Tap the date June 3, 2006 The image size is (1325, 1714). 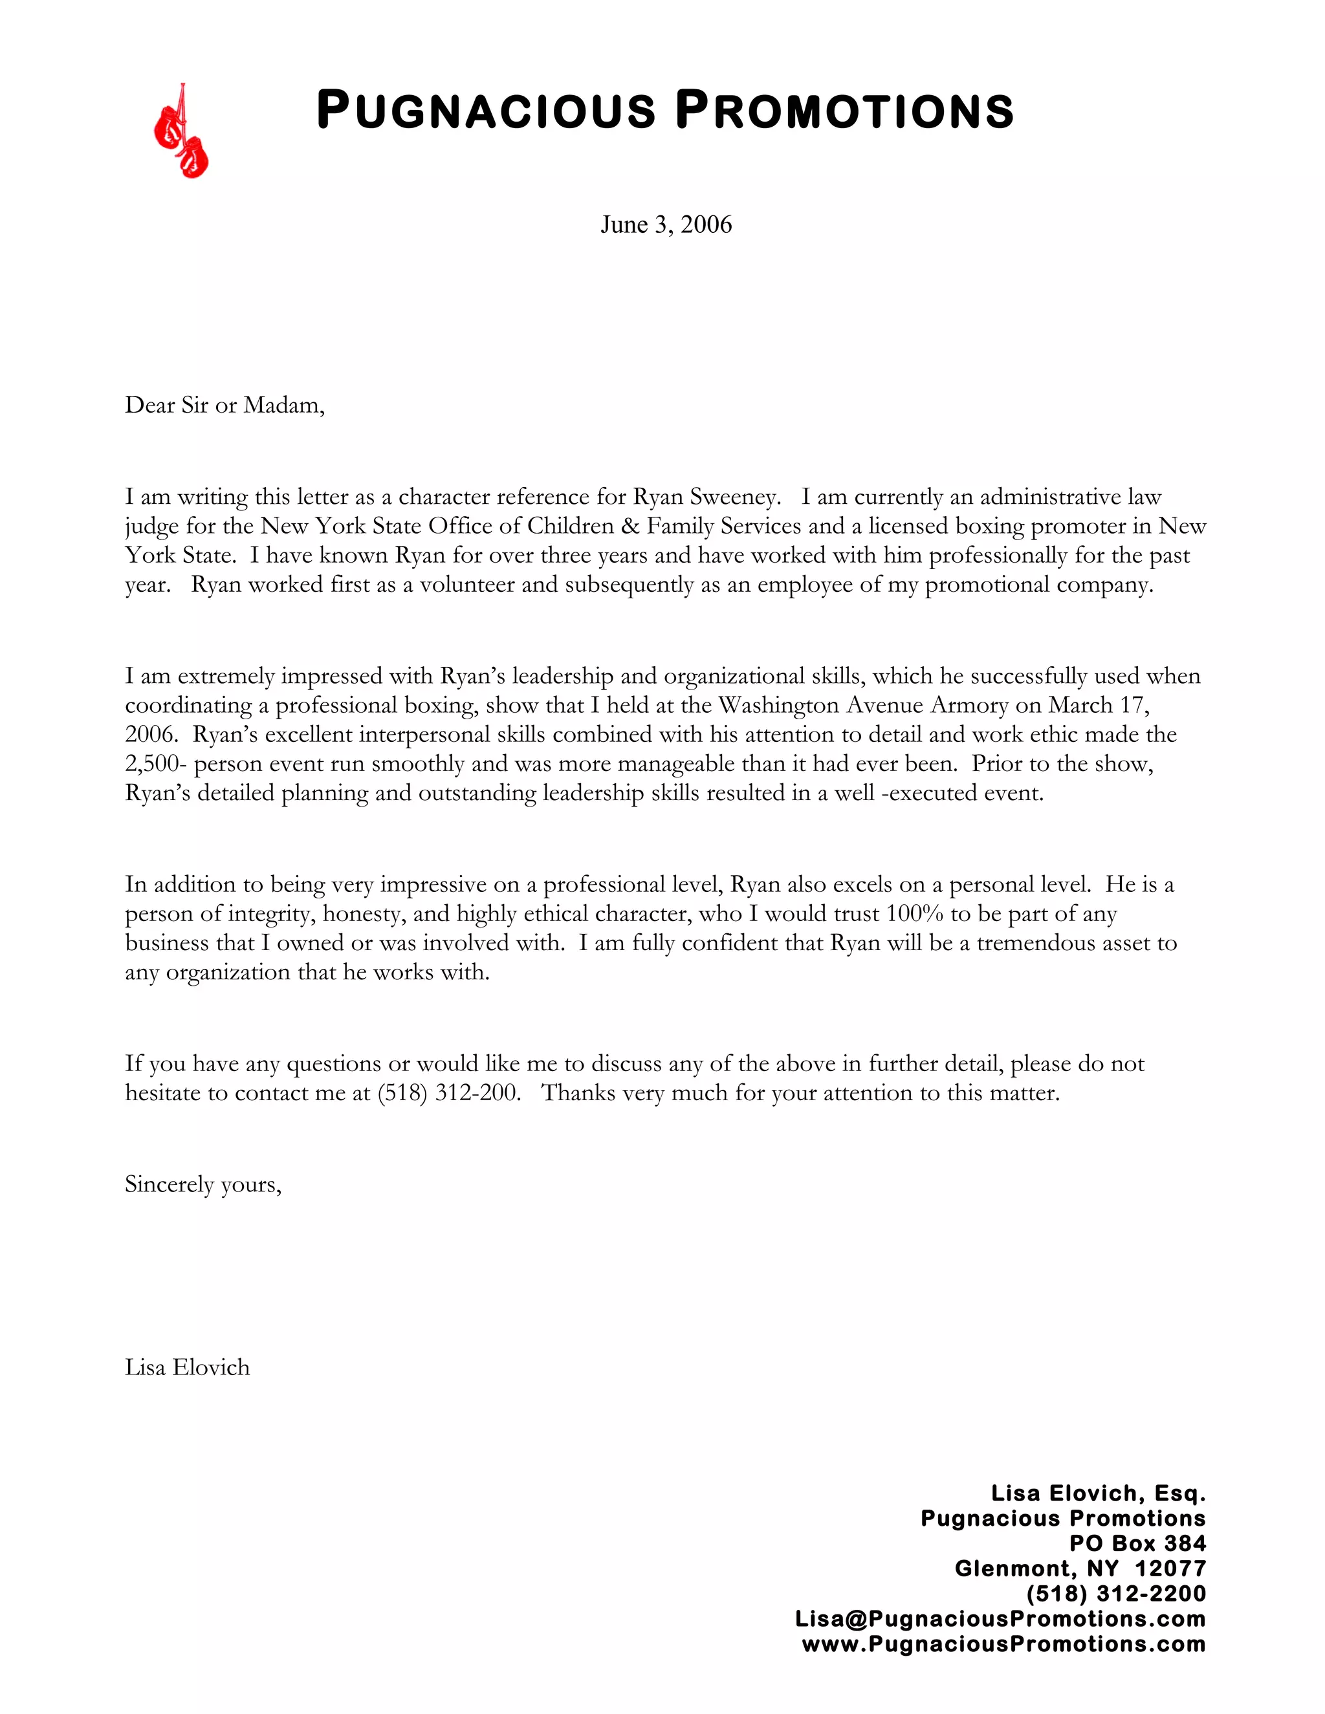coord(666,225)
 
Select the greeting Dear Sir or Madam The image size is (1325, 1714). coord(224,405)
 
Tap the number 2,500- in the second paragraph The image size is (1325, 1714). coord(156,764)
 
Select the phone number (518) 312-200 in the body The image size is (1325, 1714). coord(448,1093)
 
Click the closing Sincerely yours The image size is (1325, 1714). coord(203,1184)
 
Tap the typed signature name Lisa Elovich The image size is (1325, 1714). coord(188,1368)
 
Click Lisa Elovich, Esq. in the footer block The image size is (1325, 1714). coord(1097,1493)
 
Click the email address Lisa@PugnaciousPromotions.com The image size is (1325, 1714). coord(1000,1619)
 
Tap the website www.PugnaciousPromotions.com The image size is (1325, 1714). coord(1003,1645)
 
